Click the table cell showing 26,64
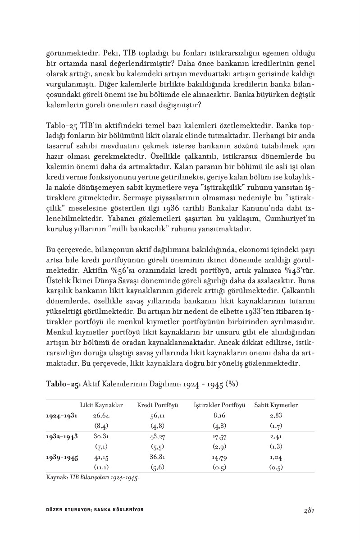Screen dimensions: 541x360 pyautogui.click(x=101, y=416)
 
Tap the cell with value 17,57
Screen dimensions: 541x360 pyautogui.click(x=219, y=436)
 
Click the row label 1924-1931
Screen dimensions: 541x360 pyautogui.click(x=61, y=416)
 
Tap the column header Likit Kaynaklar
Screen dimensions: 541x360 pyautogui.click(x=101, y=405)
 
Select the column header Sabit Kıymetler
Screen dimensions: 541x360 pyautogui.click(x=276, y=405)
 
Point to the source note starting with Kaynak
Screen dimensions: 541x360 pyautogui.click(x=92, y=477)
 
